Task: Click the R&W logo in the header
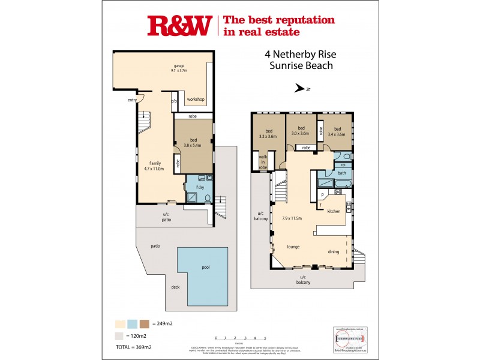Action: point(179,26)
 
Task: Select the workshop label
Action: point(196,99)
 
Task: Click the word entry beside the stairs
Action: point(132,100)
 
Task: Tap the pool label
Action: point(206,267)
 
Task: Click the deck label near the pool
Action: point(175,287)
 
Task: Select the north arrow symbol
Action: point(302,89)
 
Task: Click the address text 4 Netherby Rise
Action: point(299,53)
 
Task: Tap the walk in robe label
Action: point(263,161)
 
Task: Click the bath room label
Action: point(341,173)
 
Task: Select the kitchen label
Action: point(334,211)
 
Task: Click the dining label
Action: point(334,252)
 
